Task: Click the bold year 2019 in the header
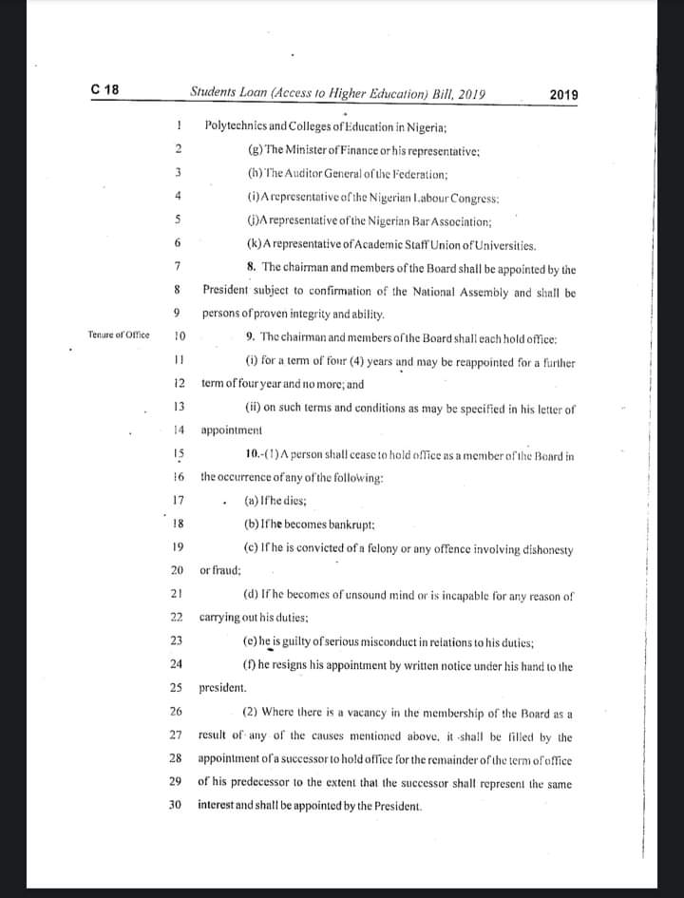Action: pos(564,95)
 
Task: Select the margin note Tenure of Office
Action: pos(119,335)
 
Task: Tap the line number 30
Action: pos(176,804)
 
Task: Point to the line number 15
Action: pos(178,454)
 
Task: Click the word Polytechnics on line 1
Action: pos(235,125)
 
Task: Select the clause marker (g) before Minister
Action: pos(255,150)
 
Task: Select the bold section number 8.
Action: pos(249,267)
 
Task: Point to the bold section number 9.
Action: pos(250,337)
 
